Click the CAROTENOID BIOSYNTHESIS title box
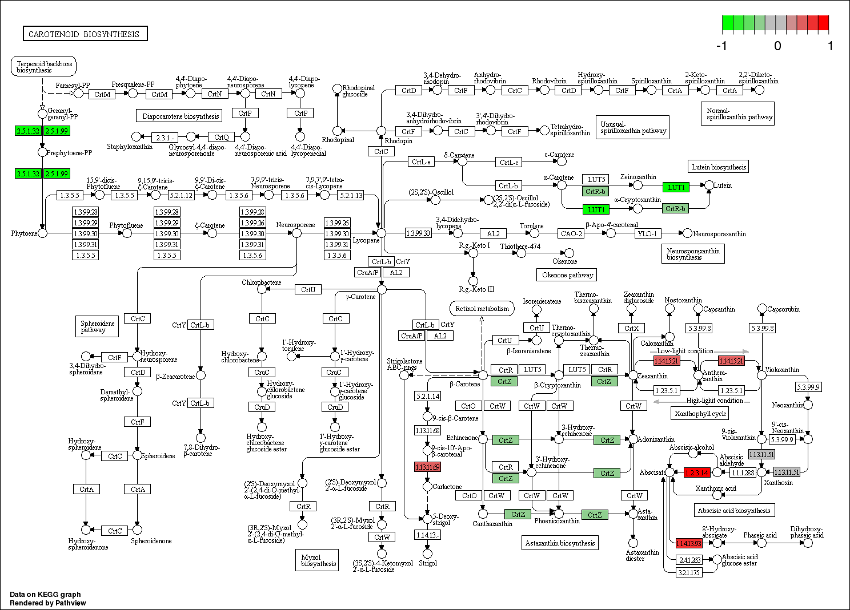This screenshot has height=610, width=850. coord(85,34)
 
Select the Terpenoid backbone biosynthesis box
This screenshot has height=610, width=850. coord(43,67)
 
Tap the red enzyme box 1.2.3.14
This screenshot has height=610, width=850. coord(696,472)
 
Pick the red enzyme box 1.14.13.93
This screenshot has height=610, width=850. coord(688,543)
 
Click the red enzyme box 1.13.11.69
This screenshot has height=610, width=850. coord(427,467)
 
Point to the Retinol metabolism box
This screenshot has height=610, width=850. coord(482,309)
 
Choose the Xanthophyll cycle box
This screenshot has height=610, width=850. coord(700,413)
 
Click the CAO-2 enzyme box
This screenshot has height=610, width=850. coord(571,233)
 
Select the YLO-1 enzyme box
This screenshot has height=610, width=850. coord(647,233)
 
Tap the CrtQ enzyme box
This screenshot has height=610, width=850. coord(221,137)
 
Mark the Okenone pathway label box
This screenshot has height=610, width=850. coord(567,275)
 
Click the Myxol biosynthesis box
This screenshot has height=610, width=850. coord(318,560)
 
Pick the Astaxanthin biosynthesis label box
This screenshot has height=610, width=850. coord(560,543)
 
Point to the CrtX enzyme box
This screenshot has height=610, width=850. coord(631,328)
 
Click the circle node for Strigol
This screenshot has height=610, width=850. coord(427,554)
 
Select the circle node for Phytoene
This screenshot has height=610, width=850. coord(42,233)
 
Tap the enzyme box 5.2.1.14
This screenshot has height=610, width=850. coord(427,396)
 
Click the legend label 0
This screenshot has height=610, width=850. coord(777,46)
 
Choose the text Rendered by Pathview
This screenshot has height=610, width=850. coord(48,603)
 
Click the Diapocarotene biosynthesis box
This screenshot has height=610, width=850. coord(181,116)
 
